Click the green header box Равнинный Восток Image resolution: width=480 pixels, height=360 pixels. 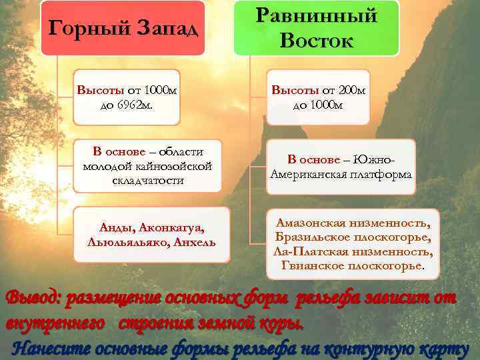click(316, 28)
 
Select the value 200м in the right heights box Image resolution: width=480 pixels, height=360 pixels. click(351, 90)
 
